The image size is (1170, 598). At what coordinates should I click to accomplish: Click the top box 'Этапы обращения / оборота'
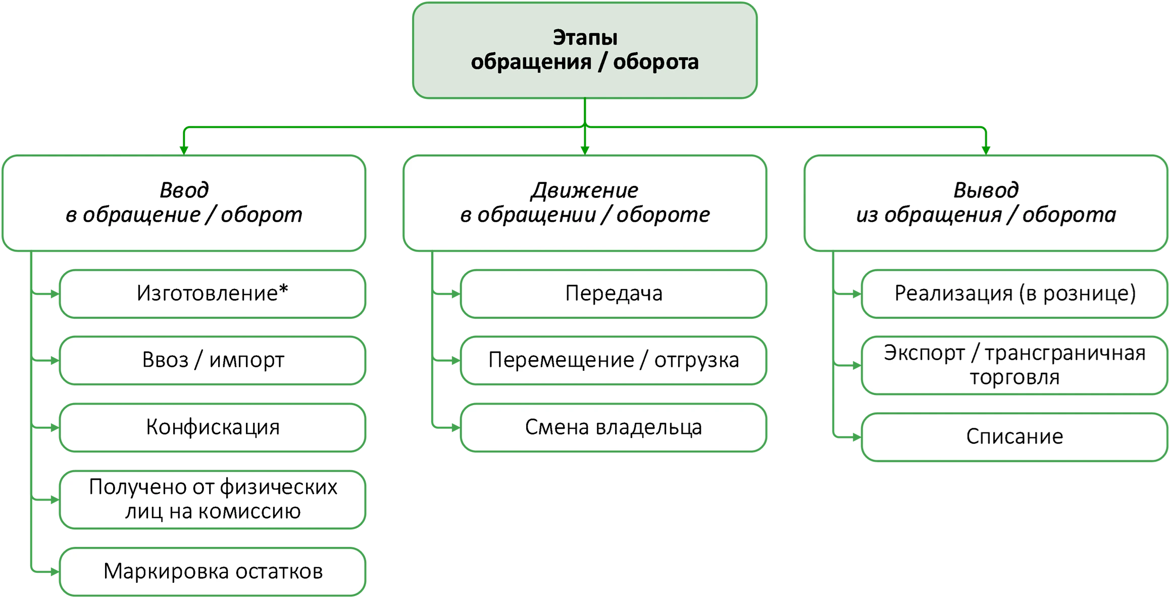(585, 51)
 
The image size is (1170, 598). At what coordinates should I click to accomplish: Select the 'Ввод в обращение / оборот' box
(184, 203)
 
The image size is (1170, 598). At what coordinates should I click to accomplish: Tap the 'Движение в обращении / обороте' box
(585, 203)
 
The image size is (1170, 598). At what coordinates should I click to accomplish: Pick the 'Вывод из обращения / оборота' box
(986, 203)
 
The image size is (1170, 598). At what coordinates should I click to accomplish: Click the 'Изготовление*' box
(213, 293)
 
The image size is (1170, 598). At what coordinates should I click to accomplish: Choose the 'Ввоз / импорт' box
(213, 361)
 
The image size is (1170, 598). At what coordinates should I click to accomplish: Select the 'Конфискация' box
(213, 427)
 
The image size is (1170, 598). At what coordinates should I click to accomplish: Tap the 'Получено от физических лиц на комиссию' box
(213, 499)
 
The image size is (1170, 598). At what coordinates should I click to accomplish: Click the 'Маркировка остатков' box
(213, 571)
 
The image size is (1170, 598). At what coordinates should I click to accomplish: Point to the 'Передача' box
(614, 293)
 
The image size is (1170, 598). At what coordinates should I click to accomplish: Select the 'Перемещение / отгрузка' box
(614, 361)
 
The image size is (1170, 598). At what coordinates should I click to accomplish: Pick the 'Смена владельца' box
(614, 427)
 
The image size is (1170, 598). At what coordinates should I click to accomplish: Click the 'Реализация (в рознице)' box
(1014, 293)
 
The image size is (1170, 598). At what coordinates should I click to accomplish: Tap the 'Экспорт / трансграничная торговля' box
(1014, 365)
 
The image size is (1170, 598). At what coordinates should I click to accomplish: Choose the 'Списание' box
(1014, 437)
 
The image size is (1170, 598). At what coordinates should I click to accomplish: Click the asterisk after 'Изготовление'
(283, 289)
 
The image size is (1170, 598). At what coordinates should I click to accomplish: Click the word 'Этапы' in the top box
(585, 38)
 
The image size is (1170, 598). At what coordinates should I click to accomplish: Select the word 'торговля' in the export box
(1014, 377)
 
